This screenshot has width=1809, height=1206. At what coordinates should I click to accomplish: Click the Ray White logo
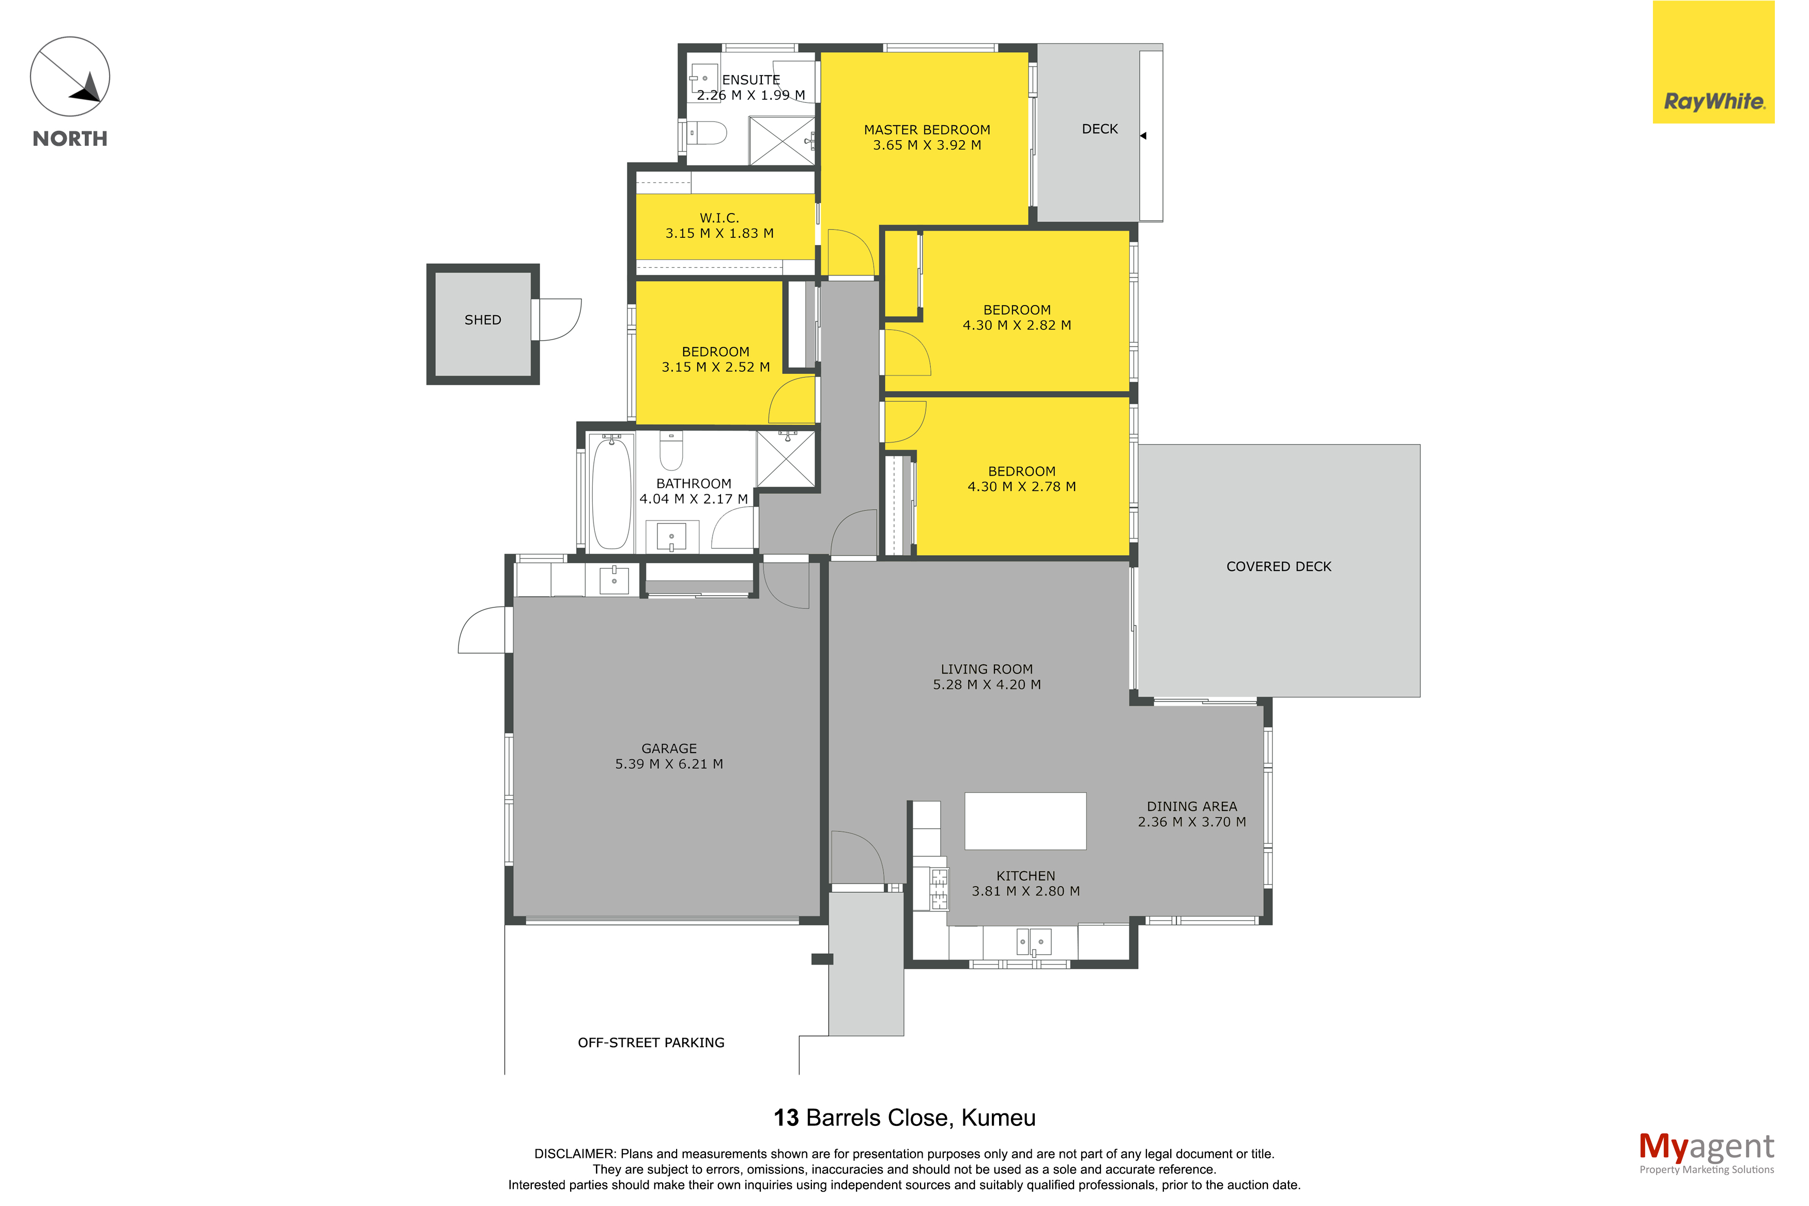pos(1713,63)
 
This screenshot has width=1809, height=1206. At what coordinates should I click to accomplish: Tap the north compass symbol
pos(70,77)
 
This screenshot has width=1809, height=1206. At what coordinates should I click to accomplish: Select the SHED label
pos(483,320)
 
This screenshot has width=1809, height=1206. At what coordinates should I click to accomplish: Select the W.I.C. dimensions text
pos(719,233)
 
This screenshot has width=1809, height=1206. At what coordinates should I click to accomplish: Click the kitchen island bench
pos(1025,821)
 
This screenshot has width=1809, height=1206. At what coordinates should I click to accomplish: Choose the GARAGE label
pos(669,749)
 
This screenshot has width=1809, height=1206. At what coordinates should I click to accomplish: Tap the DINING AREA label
pos(1192,807)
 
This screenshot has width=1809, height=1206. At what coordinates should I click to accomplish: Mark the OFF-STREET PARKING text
pos(651,1043)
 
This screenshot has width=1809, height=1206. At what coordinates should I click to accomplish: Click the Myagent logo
pos(1706,1153)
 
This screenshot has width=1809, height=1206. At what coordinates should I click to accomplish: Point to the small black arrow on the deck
pos(1143,136)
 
